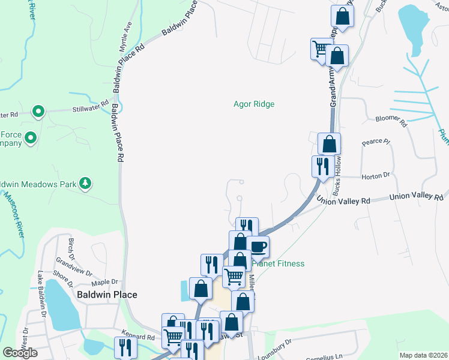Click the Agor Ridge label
[x=254, y=104]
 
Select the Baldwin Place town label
[x=107, y=295]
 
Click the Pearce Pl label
[x=376, y=143]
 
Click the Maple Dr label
[x=103, y=282]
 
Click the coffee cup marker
[x=258, y=246]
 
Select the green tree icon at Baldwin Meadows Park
[x=86, y=183]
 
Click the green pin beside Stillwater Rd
[x=38, y=112]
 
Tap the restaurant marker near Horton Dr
[x=323, y=165]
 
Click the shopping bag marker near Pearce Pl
[x=329, y=144]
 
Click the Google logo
[x=20, y=353]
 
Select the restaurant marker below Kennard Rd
[x=125, y=347]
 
